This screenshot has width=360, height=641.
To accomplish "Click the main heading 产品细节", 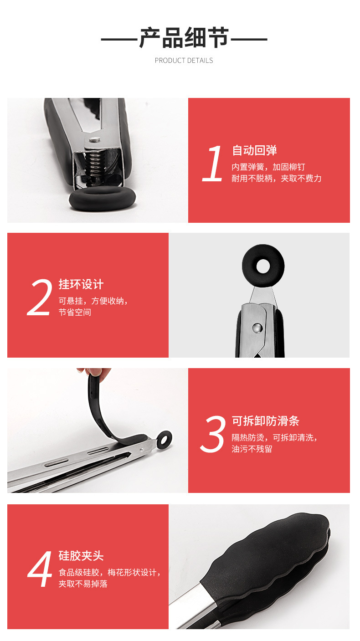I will [184, 38].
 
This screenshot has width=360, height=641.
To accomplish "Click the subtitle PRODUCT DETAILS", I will [184, 61].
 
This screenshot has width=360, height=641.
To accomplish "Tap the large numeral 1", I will [213, 164].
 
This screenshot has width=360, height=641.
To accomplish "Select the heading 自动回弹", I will [254, 150].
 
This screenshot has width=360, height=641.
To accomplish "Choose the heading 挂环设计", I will [81, 285].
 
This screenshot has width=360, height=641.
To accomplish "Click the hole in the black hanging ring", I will [263, 266].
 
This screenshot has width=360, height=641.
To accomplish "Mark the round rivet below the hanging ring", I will [257, 327].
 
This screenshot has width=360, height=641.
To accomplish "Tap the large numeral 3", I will [213, 434].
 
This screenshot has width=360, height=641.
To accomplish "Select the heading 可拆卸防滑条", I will [265, 421].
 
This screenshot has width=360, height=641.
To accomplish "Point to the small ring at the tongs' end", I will [164, 439].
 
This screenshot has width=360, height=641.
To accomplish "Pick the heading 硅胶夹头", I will [81, 556].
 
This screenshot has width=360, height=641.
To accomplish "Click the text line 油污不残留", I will [252, 449].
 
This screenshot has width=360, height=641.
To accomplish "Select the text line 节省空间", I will [75, 313].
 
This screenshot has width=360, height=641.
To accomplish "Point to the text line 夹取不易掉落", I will [83, 584].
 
